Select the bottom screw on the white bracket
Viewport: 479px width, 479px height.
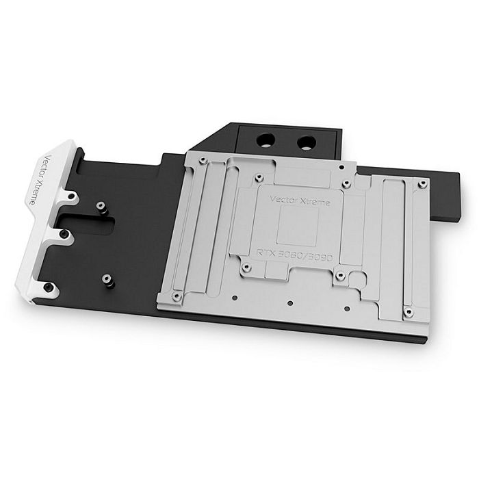click(x=51, y=288)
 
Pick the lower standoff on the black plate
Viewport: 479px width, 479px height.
click(x=105, y=279)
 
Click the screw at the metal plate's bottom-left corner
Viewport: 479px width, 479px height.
click(x=177, y=296)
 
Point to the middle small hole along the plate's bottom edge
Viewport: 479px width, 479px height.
click(x=290, y=302)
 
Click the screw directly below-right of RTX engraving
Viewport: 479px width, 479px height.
click(x=340, y=276)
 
